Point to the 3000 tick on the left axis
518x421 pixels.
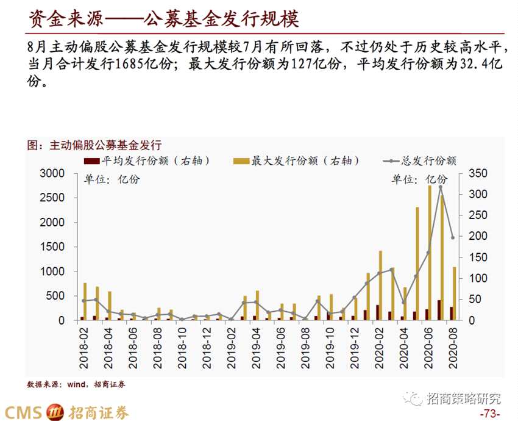[52, 174]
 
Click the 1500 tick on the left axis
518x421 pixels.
[52, 247]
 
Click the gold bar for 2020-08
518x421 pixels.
[455, 293]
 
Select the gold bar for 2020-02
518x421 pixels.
[380, 286]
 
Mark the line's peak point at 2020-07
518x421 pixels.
[440, 187]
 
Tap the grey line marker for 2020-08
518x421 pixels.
[452, 238]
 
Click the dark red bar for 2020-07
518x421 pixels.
[439, 310]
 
